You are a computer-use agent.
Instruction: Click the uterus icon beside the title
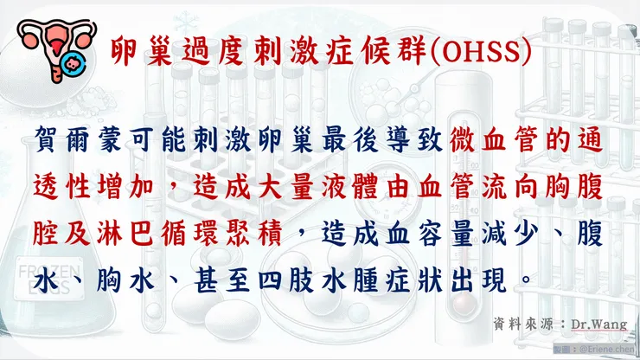tap(56, 47)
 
